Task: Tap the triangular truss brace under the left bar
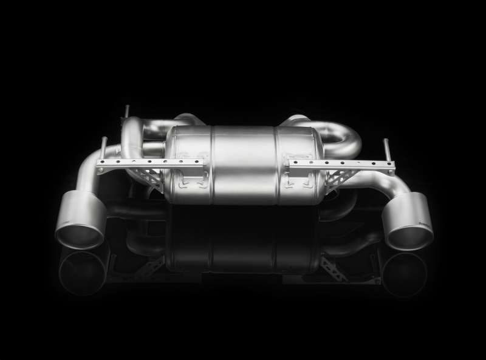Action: tap(152, 178)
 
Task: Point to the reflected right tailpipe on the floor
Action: tap(404, 273)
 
